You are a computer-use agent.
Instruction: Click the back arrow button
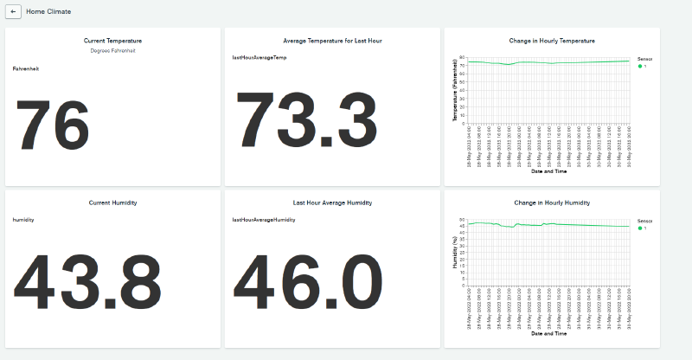pyautogui.click(x=13, y=12)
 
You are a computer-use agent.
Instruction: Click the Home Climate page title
pyautogui.click(x=48, y=12)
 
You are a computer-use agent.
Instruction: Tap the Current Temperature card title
pyautogui.click(x=112, y=41)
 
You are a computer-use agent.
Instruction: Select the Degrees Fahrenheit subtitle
pyautogui.click(x=112, y=50)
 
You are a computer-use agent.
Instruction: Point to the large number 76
pyautogui.click(x=53, y=125)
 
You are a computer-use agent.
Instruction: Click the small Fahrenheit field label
pyautogui.click(x=26, y=67)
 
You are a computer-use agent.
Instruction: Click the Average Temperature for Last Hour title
pyautogui.click(x=332, y=41)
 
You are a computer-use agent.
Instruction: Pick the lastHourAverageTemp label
pyautogui.click(x=259, y=57)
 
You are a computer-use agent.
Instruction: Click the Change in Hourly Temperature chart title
pyautogui.click(x=552, y=41)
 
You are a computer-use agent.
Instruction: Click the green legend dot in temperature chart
pyautogui.click(x=640, y=66)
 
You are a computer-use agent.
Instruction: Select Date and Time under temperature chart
pyautogui.click(x=548, y=171)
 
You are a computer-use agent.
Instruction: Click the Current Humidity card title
pyautogui.click(x=112, y=202)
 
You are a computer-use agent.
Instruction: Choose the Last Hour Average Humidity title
pyautogui.click(x=332, y=202)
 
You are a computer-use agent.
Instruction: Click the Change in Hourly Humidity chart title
pyautogui.click(x=552, y=202)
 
